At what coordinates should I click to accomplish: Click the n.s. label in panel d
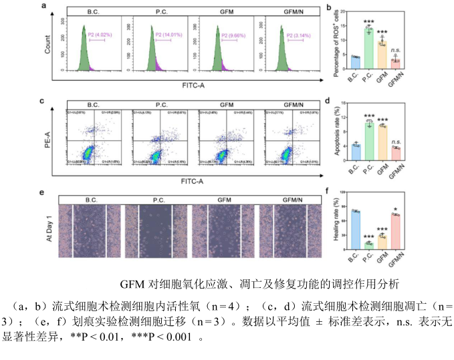point(396,142)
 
